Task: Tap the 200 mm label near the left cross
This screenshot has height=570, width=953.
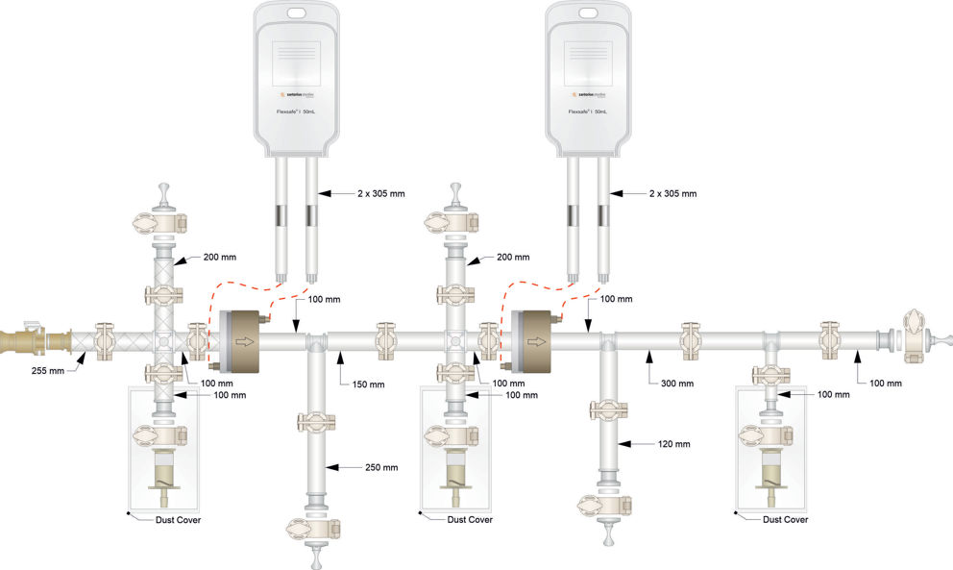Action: click(x=219, y=257)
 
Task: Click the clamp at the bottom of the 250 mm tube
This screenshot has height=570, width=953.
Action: click(x=317, y=526)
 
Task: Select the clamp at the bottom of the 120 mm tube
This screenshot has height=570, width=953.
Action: click(x=607, y=506)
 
